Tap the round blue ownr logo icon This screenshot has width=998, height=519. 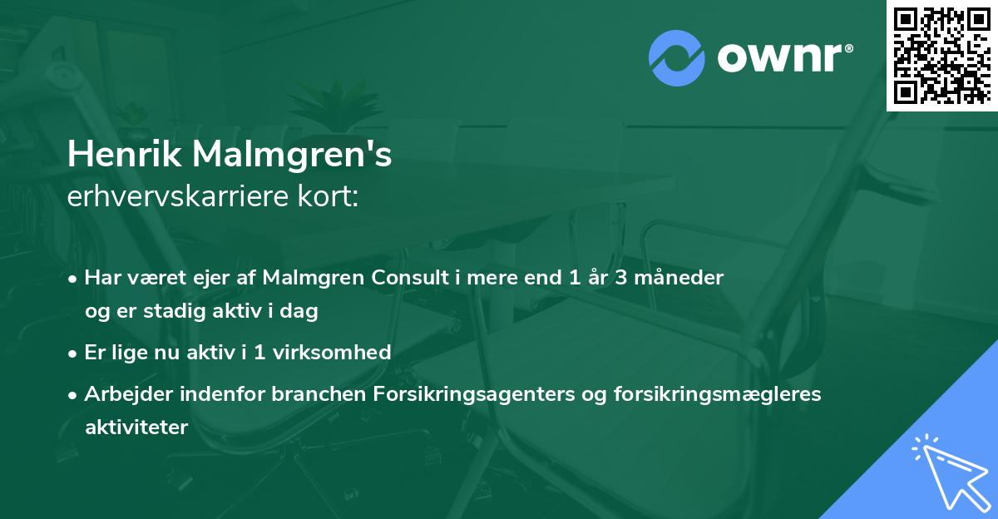tap(676, 57)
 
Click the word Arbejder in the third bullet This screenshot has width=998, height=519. tap(121, 394)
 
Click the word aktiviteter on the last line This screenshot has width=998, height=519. tap(136, 428)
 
